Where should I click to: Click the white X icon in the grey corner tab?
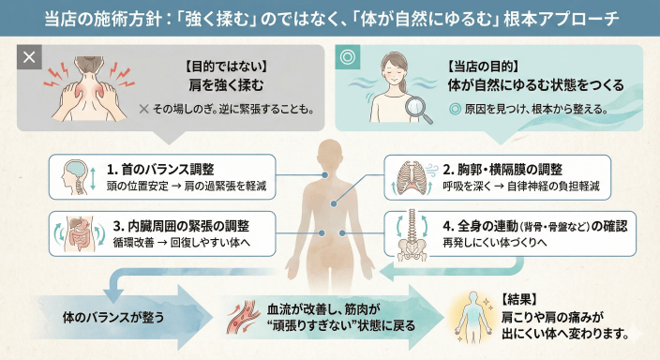point(29,56)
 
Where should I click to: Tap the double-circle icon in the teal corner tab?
point(348,56)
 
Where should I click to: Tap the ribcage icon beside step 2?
point(412,177)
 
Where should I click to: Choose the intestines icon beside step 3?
point(78,233)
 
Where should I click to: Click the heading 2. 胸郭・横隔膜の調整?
point(502,170)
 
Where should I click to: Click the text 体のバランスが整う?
point(113,316)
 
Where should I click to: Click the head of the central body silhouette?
point(331,153)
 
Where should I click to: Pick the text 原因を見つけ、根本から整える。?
point(541,108)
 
